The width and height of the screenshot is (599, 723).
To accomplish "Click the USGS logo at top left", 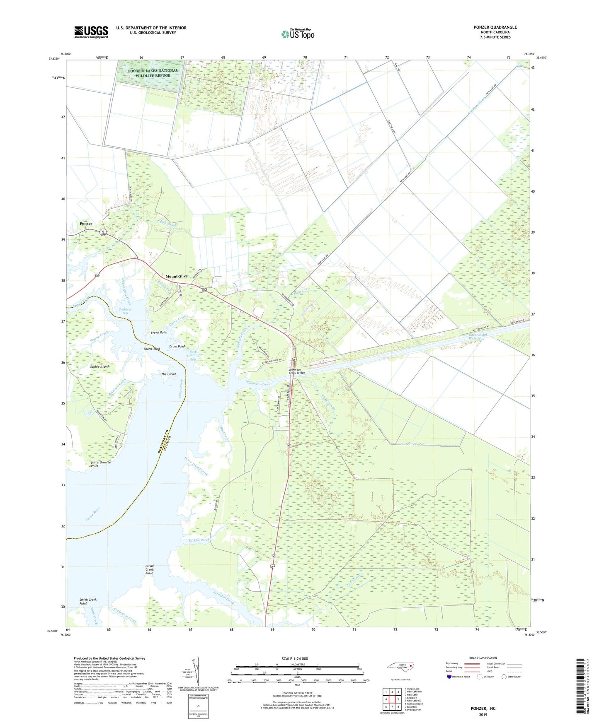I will (91, 32).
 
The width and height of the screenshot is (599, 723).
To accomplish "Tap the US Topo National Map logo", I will (298, 34).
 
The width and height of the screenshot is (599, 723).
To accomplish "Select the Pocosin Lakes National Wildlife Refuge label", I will (153, 73).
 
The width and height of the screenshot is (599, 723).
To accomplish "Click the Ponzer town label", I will (86, 224).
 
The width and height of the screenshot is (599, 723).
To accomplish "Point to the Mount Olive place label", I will (177, 276).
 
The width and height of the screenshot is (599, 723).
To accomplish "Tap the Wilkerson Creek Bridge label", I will (297, 371).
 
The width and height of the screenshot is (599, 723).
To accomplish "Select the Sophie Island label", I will (99, 366).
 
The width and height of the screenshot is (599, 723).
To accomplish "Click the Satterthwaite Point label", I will (101, 464).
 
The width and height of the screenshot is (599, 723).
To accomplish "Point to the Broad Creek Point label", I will (149, 570).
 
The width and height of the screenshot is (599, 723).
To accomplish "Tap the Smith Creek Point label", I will (88, 601).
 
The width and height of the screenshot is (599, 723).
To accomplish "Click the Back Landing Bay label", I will (194, 355).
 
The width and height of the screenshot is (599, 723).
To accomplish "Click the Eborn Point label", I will (151, 349).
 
